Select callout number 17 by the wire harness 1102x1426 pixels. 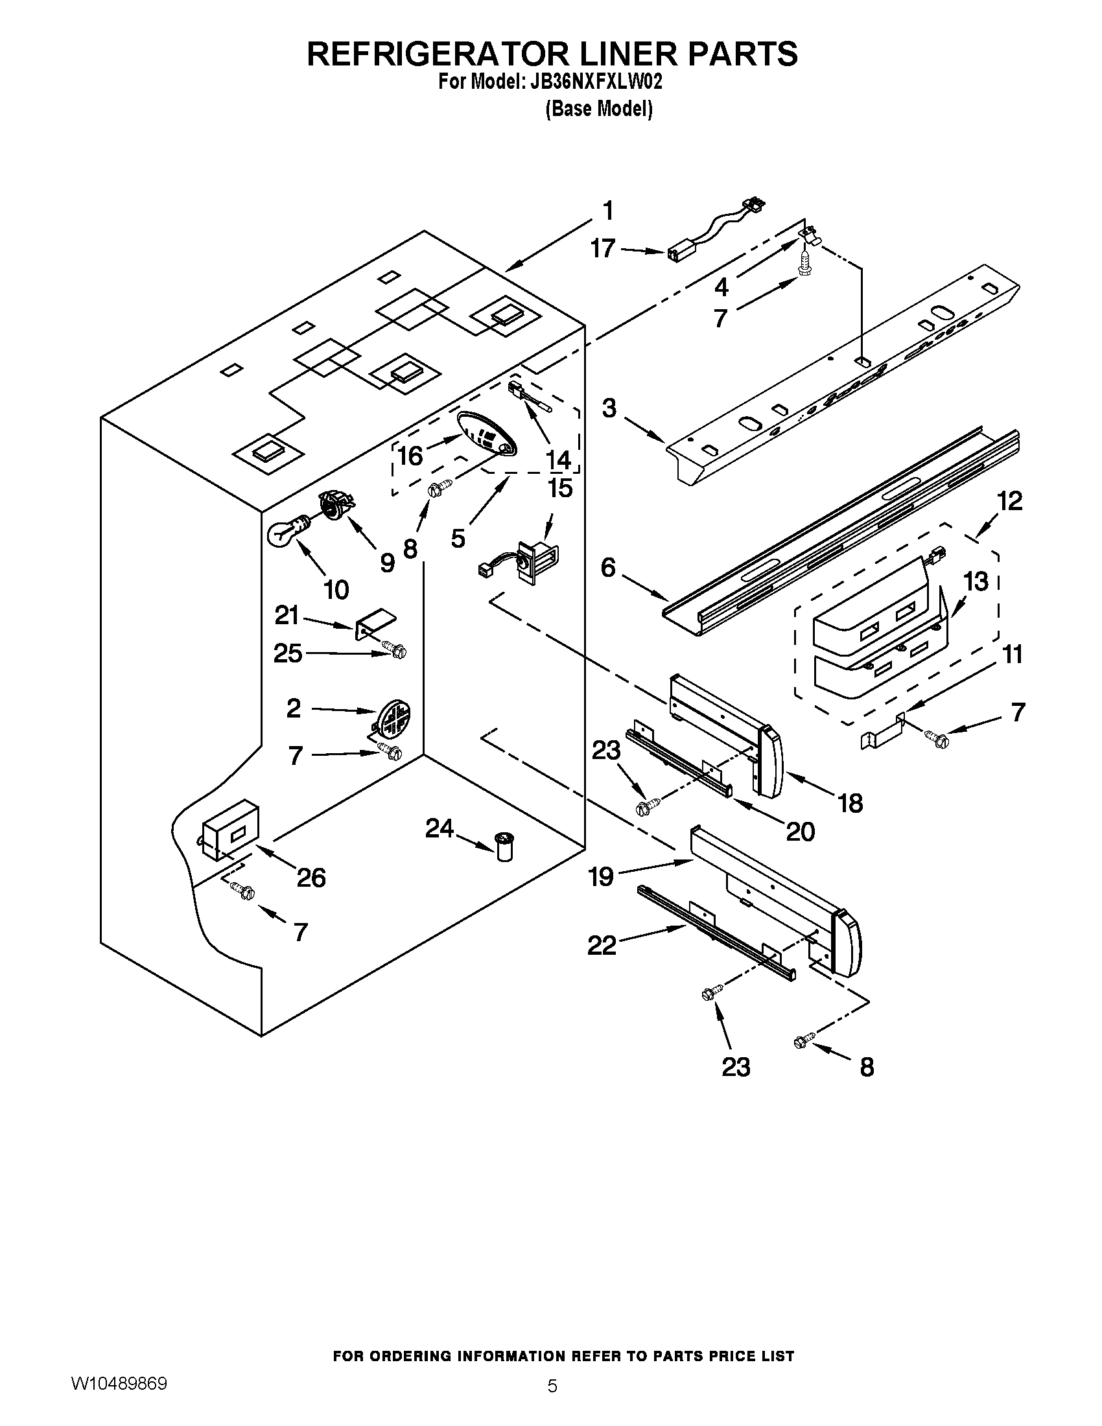(603, 248)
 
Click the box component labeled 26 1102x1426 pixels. (231, 828)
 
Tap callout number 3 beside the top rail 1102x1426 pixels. (609, 409)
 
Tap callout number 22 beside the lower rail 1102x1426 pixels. (602, 945)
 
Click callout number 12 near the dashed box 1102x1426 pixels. (1009, 502)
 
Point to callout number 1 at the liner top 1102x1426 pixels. (607, 211)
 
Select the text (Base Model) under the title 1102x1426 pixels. (599, 108)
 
